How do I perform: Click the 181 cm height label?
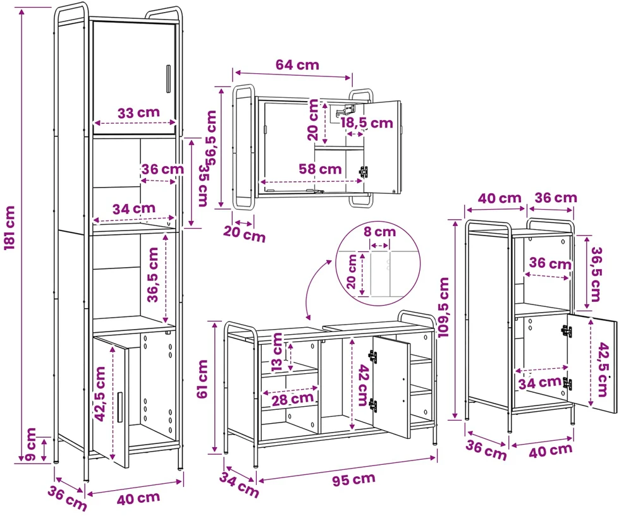coord(9,227)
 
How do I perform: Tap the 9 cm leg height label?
coord(30,444)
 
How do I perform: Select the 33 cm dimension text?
coord(139,113)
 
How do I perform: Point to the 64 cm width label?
coord(297,64)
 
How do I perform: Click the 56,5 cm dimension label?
coord(211,138)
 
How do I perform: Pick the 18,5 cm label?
coord(367,123)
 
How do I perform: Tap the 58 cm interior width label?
coord(320,169)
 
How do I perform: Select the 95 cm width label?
coord(353,479)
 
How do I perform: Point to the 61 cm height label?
coord(202,379)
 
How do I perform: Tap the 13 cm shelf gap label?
coord(278,352)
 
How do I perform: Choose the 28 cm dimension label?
coord(293,399)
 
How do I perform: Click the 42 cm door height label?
coord(362,385)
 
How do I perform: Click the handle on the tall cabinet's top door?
coord(168,79)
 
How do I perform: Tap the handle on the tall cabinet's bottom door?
coord(120,407)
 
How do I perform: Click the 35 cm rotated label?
coord(203,185)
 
